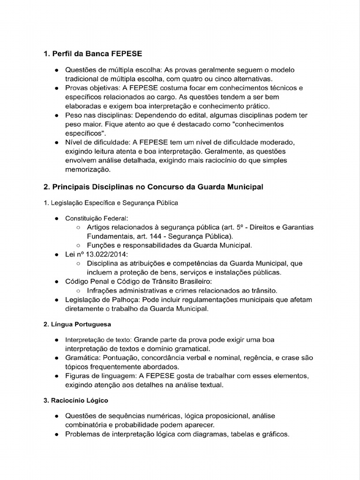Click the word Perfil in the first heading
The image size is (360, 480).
[61, 54]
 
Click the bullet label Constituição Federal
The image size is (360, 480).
[97, 218]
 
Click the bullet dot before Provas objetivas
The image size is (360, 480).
[56, 88]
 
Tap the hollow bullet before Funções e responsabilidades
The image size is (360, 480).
[78, 245]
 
